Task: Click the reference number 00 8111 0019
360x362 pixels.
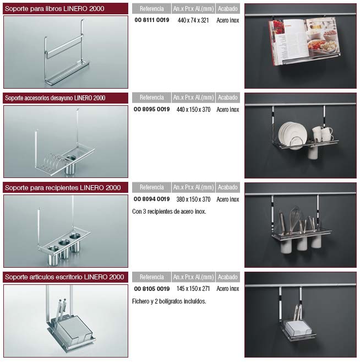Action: point(152,20)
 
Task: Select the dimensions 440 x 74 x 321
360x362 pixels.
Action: point(193,20)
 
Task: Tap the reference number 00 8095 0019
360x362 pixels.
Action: point(152,109)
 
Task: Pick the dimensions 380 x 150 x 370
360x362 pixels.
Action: point(194,199)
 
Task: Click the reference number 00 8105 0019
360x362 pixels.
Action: point(152,289)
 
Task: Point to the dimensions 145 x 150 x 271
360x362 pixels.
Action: point(193,289)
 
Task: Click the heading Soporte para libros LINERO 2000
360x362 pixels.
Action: point(54,9)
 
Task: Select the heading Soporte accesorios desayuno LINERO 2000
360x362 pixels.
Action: point(55,98)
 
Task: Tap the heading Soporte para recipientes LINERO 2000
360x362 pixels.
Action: point(63,188)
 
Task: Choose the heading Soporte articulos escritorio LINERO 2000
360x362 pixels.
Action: point(64,277)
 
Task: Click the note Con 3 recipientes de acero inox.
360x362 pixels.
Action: point(169,212)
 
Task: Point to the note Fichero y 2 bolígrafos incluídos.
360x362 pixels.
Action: point(169,301)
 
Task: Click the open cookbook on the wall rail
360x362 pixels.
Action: point(304,40)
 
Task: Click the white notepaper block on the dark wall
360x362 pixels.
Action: point(298,328)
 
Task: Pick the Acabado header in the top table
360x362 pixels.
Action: point(228,9)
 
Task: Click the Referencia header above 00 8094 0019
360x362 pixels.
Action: point(151,187)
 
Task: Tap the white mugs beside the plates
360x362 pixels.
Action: point(322,134)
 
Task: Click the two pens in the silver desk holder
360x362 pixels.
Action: point(61,310)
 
